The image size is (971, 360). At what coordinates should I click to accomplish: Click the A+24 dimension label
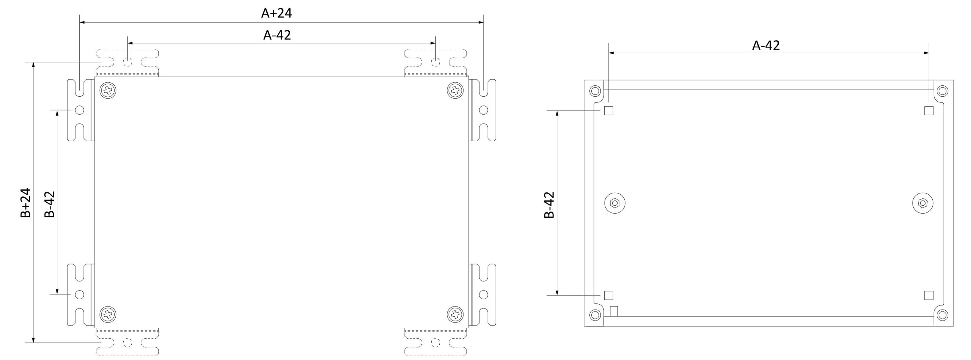pyautogui.click(x=277, y=13)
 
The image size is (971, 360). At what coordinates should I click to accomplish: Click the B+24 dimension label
pyautogui.click(x=25, y=203)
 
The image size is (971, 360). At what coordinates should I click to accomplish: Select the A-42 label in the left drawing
pyautogui.click(x=277, y=35)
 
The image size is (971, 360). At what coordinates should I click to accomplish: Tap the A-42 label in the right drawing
pyautogui.click(x=766, y=46)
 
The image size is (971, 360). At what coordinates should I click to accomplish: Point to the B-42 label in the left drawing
pyautogui.click(x=50, y=204)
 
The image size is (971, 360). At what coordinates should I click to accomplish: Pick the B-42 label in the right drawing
pyautogui.click(x=549, y=205)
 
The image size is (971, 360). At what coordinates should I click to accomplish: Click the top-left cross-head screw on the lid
pyautogui.click(x=108, y=91)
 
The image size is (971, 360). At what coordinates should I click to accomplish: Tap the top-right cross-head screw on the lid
pyautogui.click(x=455, y=91)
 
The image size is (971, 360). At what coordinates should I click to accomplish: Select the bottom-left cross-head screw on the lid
pyautogui.click(x=108, y=314)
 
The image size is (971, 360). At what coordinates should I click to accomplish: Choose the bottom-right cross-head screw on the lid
pyautogui.click(x=455, y=314)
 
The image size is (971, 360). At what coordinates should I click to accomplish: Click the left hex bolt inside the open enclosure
pyautogui.click(x=614, y=203)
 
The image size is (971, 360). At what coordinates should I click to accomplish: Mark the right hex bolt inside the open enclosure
pyautogui.click(x=922, y=203)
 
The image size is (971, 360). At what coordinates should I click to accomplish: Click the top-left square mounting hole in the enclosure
pyautogui.click(x=608, y=111)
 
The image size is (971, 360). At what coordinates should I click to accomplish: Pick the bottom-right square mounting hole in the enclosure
pyautogui.click(x=929, y=295)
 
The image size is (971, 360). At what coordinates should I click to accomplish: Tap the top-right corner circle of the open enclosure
pyautogui.click(x=942, y=91)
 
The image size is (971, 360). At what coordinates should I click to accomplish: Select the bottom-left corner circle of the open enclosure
pyautogui.click(x=595, y=315)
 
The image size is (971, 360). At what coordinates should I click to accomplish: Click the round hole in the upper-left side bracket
pyautogui.click(x=79, y=110)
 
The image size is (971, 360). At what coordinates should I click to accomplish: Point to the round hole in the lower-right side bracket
pyautogui.click(x=483, y=294)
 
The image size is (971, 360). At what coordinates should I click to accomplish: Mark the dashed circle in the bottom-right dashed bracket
pyautogui.click(x=436, y=343)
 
